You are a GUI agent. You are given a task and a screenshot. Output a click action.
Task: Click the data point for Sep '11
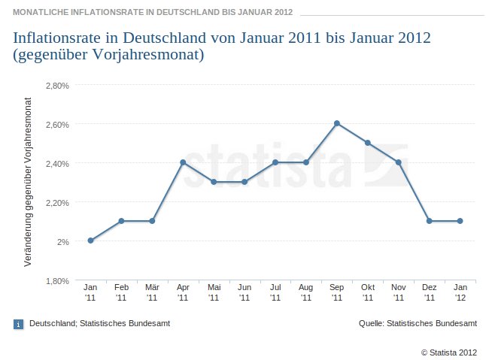337,123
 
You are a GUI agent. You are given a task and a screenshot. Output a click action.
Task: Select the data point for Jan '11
90,241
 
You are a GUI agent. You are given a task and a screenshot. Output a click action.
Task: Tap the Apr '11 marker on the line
183,162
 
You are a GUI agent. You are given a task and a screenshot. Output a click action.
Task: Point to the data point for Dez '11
429,221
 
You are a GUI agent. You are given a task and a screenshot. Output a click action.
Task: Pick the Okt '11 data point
368,143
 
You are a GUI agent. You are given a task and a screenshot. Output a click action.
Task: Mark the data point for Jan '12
460,221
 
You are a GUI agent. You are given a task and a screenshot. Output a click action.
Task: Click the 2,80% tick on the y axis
57,85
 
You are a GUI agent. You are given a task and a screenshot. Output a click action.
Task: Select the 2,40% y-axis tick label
57,163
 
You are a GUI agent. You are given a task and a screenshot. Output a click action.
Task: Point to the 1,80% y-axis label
57,280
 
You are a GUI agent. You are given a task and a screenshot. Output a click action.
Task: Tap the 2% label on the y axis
62,241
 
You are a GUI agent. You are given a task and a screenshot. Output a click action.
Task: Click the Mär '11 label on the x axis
152,292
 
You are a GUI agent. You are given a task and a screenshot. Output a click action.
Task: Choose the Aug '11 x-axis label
306,292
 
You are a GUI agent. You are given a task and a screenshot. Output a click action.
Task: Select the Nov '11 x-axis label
398,292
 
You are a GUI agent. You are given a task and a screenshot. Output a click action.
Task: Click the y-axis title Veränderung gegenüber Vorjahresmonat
28,181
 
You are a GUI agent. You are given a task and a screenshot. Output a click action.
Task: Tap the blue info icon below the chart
19,324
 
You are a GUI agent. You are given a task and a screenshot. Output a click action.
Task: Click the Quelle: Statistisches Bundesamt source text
418,323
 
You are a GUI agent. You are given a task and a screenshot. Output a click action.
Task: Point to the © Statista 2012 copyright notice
448,351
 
